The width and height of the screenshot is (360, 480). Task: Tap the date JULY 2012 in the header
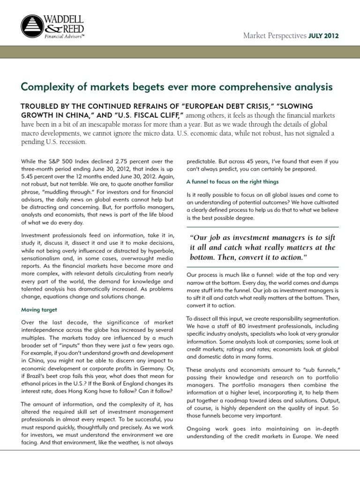point(324,36)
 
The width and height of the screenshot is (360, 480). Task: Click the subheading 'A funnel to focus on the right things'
point(232,181)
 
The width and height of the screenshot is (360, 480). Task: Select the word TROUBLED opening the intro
point(44,106)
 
